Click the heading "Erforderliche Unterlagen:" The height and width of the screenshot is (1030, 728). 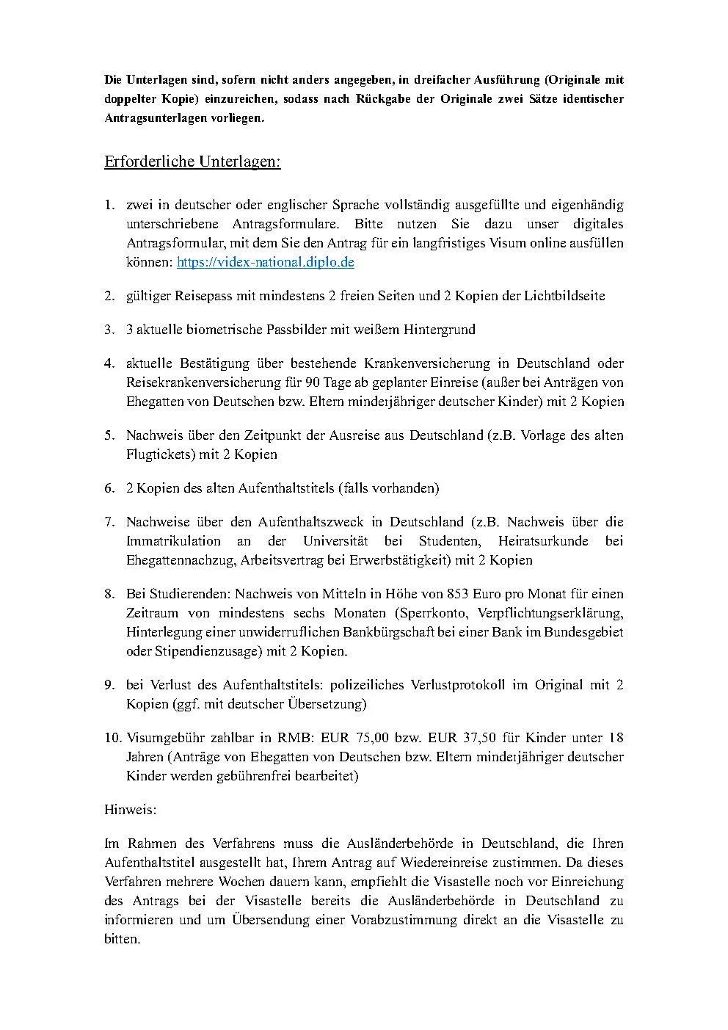coord(192,162)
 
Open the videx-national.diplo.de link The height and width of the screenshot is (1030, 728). coord(265,262)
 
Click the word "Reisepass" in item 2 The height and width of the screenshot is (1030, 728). coord(203,296)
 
